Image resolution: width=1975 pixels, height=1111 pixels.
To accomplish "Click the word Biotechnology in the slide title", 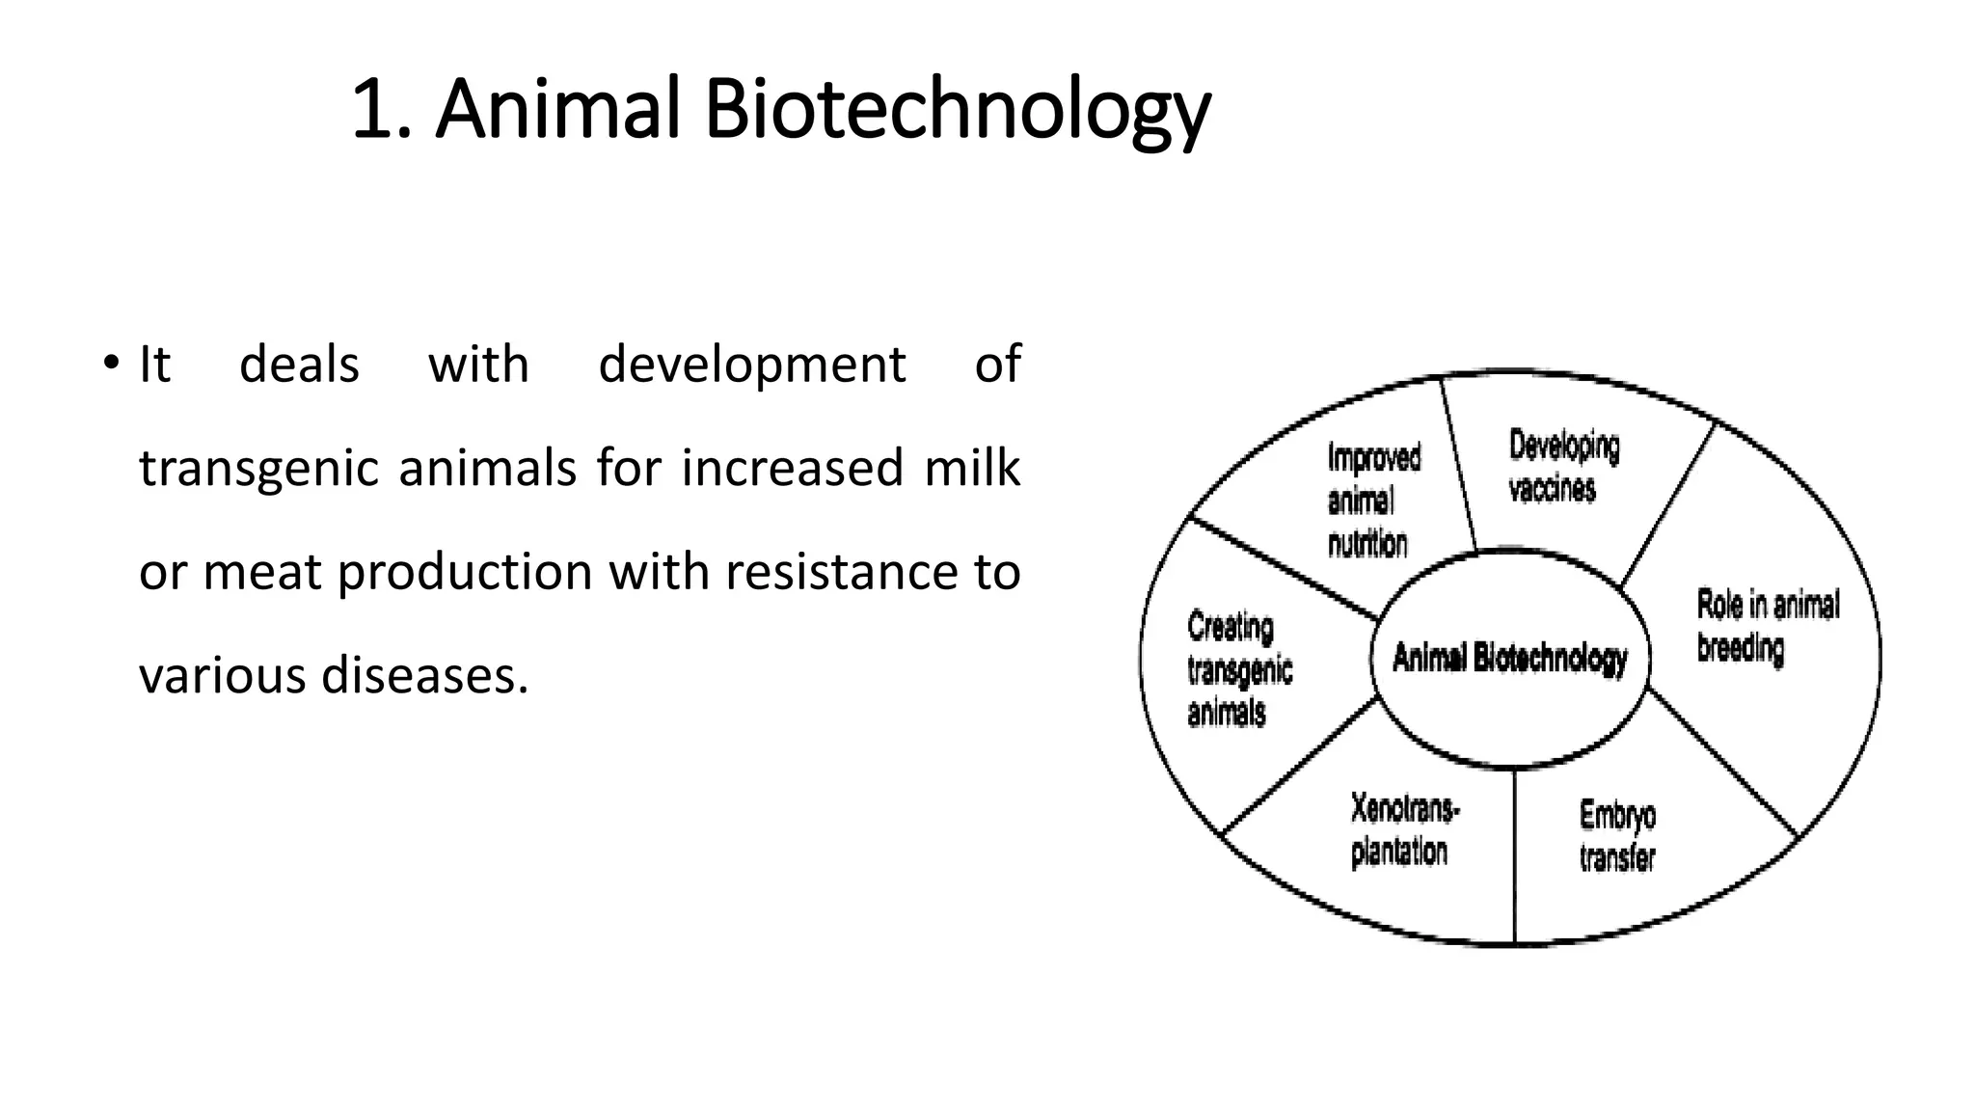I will pyautogui.click(x=957, y=111).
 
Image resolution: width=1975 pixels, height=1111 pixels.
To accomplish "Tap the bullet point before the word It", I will pyautogui.click(x=111, y=364).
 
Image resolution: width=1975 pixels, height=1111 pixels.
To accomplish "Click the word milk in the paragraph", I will pyautogui.click(x=971, y=468).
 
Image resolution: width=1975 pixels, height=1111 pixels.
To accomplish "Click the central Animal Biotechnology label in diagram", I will pyautogui.click(x=1510, y=660).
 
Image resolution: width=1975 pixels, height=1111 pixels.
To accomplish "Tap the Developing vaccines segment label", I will pyautogui.click(x=1563, y=467).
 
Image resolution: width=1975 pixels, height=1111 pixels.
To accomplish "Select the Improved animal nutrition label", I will pyautogui.click(x=1373, y=501).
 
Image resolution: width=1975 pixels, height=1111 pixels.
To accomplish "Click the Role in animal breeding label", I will pyautogui.click(x=1767, y=626).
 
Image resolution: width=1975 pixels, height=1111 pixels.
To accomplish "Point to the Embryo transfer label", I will pyautogui.click(x=1617, y=836).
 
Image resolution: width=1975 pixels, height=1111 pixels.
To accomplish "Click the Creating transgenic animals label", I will pyautogui.click(x=1238, y=670).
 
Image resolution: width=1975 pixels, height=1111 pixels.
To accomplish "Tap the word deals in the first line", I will pyautogui.click(x=299, y=366).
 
